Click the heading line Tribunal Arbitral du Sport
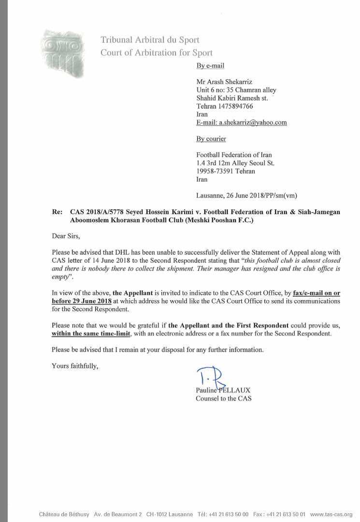150,40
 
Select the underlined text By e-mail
210,66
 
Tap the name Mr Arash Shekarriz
224,82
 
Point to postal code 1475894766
235,106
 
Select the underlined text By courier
211,139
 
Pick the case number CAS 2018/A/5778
95,212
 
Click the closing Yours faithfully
75,366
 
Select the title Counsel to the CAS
223,398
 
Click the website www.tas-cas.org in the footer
331,514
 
